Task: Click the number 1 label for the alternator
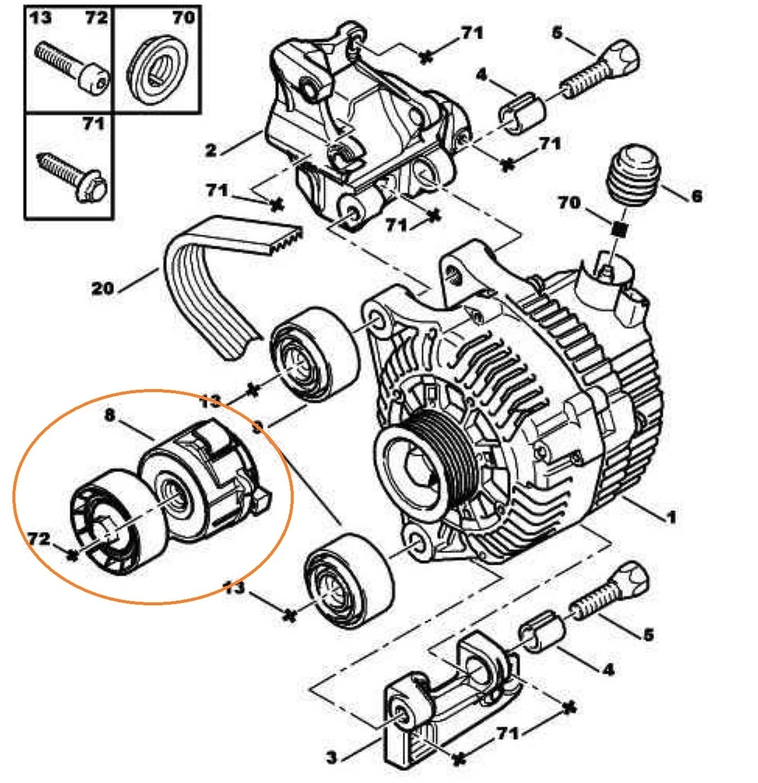(671, 518)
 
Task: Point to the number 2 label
(211, 150)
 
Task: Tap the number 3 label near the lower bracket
(332, 757)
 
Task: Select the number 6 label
(696, 196)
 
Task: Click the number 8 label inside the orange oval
(110, 416)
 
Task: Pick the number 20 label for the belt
(103, 288)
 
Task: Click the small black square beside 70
(619, 229)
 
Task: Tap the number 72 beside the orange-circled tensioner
(38, 539)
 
